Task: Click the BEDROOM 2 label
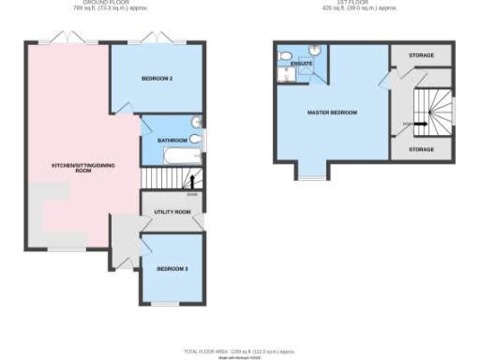point(157,79)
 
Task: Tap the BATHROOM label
point(172,141)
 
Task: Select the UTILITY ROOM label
point(172,212)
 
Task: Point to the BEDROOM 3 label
point(172,269)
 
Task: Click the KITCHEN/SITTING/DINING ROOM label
point(71,169)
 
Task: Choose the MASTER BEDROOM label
point(333,112)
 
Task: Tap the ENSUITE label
point(301,64)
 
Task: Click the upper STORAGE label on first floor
point(422,55)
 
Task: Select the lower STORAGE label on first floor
point(422,148)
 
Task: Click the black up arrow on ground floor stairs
point(193,181)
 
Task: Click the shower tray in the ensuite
point(307,76)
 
